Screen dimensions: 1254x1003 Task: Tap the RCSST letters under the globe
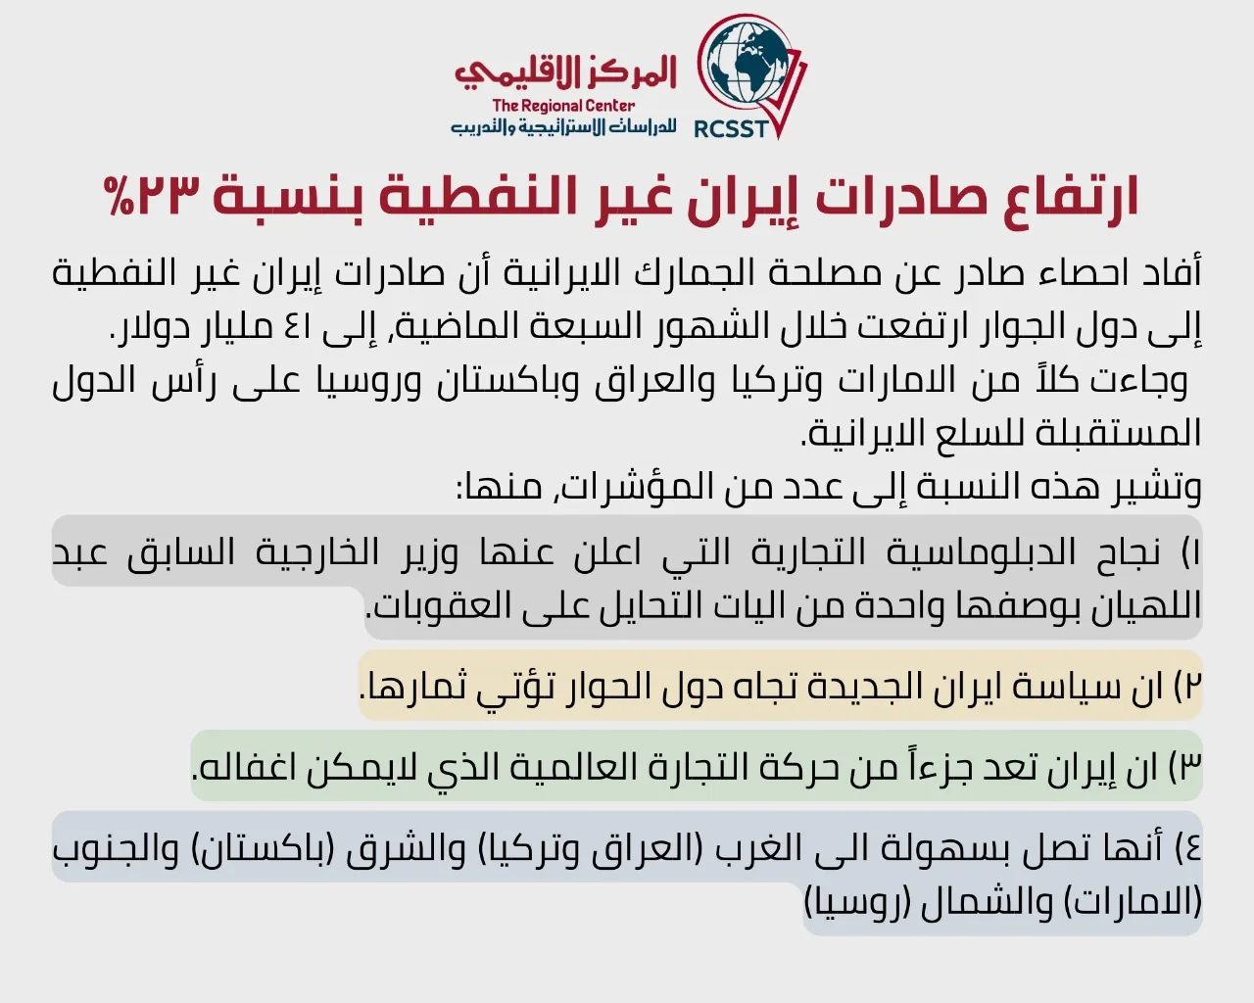731,128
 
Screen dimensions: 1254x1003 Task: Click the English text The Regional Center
563,106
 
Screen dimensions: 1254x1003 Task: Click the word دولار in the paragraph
151,328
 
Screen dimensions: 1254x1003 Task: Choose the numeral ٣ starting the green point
1192,767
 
